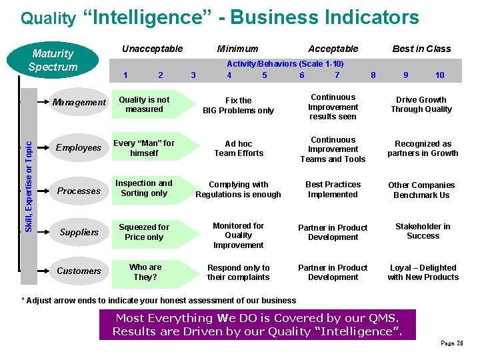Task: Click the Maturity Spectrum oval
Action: pos(53,60)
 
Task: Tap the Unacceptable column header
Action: pos(152,49)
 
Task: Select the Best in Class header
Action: pos(421,49)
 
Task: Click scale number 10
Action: pos(439,75)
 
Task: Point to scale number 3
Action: pos(193,75)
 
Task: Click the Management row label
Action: pos(79,103)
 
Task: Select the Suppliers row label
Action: pos(79,233)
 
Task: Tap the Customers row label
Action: pos(79,271)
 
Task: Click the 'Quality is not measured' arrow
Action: pos(145,105)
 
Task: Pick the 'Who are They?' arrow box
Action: pos(145,272)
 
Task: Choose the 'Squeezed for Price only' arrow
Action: pos(145,232)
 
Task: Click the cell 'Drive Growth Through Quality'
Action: pos(421,105)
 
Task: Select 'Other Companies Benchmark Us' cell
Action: pos(421,190)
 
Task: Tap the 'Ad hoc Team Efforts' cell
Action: pos(239,148)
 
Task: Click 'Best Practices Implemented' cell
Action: pos(333,189)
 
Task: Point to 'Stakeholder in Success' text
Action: pos(423,231)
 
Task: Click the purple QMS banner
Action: pos(257,325)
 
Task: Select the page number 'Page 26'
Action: pos(452,343)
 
